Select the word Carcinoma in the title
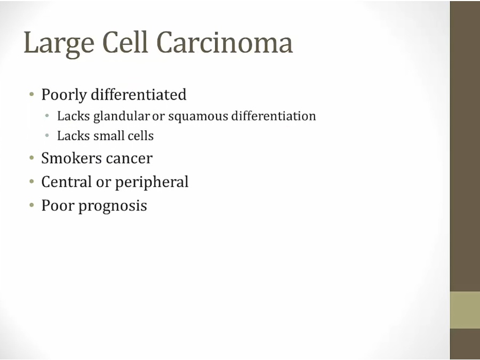click(225, 42)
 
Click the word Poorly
click(64, 95)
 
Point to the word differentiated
click(139, 94)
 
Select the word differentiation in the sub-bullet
click(274, 116)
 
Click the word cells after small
click(140, 135)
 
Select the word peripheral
click(151, 182)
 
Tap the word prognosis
click(113, 206)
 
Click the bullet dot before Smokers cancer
click(31, 158)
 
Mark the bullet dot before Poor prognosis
click(31, 205)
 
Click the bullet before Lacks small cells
click(47, 135)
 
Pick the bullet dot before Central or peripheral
click(31, 181)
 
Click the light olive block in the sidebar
click(465, 310)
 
